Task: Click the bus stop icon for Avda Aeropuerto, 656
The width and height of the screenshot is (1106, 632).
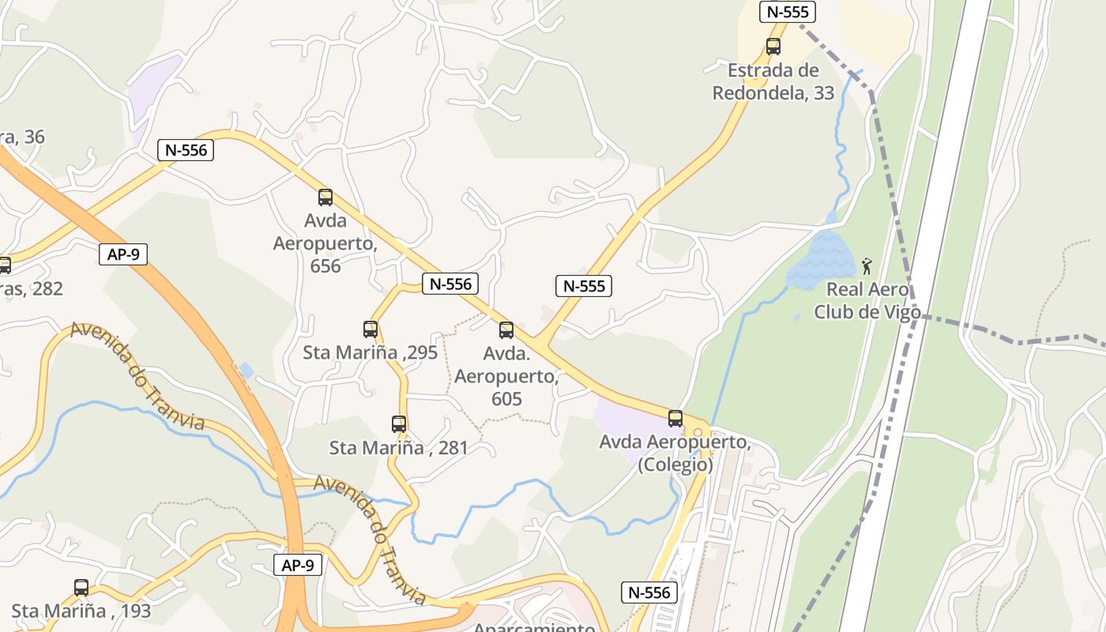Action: [325, 197]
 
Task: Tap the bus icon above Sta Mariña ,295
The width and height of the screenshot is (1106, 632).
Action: [370, 329]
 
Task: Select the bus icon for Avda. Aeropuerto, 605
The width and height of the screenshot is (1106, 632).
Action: [506, 330]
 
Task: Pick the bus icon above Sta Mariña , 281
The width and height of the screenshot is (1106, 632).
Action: [399, 424]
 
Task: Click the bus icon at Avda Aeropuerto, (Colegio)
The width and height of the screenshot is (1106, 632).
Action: [675, 419]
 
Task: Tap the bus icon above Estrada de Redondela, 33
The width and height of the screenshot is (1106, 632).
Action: [773, 47]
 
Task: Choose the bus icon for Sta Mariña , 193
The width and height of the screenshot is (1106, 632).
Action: [81, 588]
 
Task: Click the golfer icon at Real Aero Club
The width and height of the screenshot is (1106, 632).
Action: [867, 266]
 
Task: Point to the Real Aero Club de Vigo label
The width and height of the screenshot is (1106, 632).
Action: [867, 301]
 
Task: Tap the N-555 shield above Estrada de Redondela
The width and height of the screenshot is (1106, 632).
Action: [787, 12]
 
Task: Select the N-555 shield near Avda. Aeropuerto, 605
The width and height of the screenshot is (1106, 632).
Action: [584, 286]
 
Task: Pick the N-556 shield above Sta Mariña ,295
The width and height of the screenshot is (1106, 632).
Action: [451, 284]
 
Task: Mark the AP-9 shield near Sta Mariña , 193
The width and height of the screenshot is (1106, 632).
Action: [298, 565]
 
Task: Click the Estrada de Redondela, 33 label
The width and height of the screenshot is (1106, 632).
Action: [773, 82]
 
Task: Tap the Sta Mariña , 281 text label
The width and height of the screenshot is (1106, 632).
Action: [399, 448]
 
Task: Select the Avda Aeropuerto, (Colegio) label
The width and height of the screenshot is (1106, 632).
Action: [675, 453]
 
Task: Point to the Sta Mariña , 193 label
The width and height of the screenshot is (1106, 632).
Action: [81, 611]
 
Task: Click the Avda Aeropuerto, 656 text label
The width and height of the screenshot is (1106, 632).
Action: [325, 243]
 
